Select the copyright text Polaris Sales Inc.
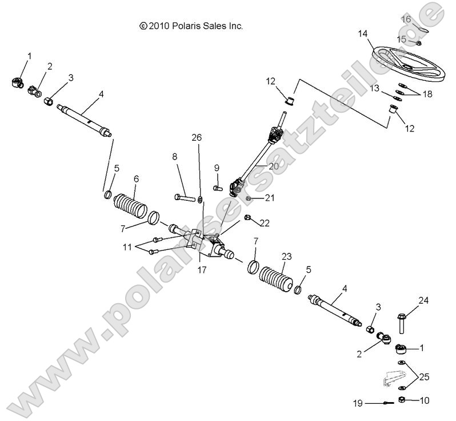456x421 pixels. pos(191,26)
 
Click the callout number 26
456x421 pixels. pos(197,137)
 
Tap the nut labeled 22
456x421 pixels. pos(247,217)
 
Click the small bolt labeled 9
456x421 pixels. pos(217,186)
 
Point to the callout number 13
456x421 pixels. pos(374,89)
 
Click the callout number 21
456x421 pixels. pos(270,198)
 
